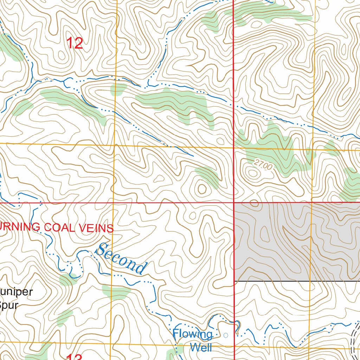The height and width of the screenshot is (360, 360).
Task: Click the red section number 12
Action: [75, 43]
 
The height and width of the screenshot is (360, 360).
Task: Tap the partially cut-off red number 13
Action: [75, 356]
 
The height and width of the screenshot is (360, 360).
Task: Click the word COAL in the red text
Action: [59, 227]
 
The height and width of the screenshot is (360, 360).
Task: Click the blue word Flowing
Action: [192, 334]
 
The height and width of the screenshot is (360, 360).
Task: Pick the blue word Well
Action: [201, 347]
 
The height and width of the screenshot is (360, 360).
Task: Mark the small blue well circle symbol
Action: [226, 335]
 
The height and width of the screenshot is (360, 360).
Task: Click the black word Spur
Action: [8, 305]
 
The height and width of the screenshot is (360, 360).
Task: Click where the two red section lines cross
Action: [234, 203]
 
